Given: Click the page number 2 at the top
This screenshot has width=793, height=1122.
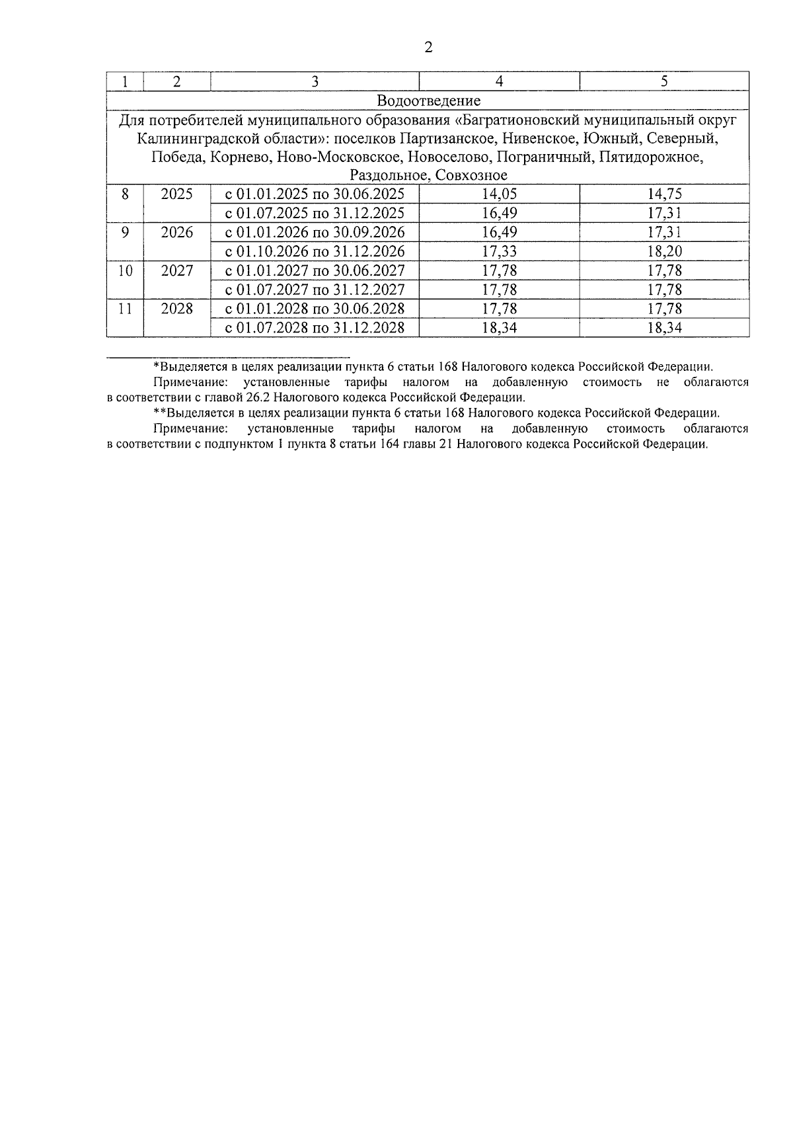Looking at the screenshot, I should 428,47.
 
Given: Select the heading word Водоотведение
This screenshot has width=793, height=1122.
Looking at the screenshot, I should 428,100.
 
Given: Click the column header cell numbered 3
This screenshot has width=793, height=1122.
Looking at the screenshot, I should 315,81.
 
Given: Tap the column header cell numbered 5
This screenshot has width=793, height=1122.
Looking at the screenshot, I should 664,81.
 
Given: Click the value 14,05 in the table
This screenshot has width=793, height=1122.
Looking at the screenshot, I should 500,194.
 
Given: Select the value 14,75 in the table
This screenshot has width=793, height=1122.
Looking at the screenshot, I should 664,194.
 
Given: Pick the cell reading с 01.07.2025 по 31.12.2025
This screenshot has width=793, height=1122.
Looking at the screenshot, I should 315,213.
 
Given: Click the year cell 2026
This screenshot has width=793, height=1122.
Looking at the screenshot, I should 176,233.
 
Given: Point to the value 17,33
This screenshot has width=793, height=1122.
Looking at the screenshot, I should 500,251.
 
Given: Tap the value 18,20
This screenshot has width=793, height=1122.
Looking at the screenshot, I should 664,251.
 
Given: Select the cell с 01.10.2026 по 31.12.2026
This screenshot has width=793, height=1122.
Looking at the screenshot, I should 315,251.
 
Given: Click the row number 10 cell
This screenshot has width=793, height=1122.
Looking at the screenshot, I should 125,271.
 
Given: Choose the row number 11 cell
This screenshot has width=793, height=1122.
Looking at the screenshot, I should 125,309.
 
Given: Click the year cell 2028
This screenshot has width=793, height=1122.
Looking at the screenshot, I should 176,309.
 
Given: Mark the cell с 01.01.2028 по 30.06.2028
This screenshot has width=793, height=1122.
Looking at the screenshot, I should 315,309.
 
